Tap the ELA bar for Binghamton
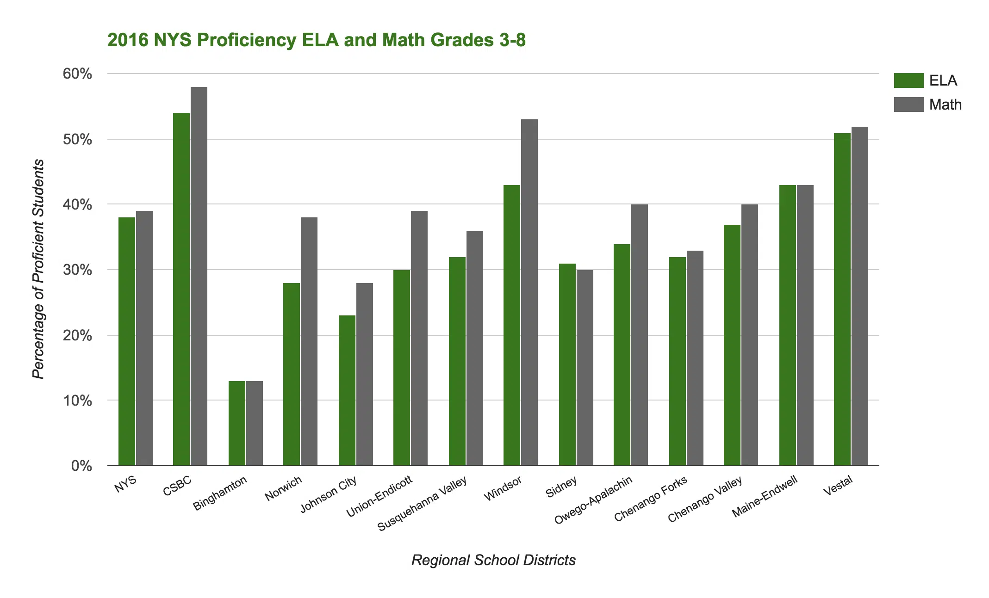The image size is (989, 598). click(237, 423)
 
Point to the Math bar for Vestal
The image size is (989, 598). click(860, 296)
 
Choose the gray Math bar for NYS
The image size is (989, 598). click(144, 338)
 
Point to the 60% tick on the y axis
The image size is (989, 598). click(78, 74)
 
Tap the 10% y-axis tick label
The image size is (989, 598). click(78, 401)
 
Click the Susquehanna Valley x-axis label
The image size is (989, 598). click(423, 504)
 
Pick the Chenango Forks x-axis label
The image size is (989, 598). click(651, 499)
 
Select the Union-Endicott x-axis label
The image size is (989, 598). click(379, 496)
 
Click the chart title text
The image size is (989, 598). click(317, 40)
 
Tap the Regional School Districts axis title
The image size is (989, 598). click(493, 560)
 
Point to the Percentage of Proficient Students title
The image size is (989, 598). click(39, 269)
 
